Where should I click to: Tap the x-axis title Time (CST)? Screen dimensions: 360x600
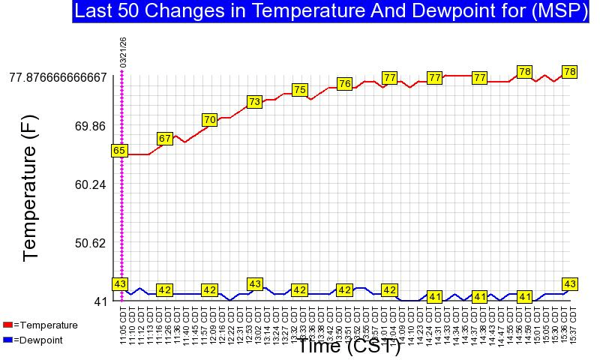[349, 346]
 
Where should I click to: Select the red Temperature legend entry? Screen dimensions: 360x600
[40, 325]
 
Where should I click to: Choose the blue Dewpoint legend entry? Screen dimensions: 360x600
[37, 340]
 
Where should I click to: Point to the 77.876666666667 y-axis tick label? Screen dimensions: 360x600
[58, 76]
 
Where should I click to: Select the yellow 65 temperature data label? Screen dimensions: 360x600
[119, 150]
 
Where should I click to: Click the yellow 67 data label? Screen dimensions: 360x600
[165, 138]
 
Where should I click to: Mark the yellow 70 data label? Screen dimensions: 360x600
[210, 119]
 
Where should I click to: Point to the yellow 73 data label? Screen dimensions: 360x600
[255, 101]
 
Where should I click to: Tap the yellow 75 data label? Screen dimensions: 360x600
[300, 89]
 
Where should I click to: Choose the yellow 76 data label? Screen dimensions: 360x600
[345, 83]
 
